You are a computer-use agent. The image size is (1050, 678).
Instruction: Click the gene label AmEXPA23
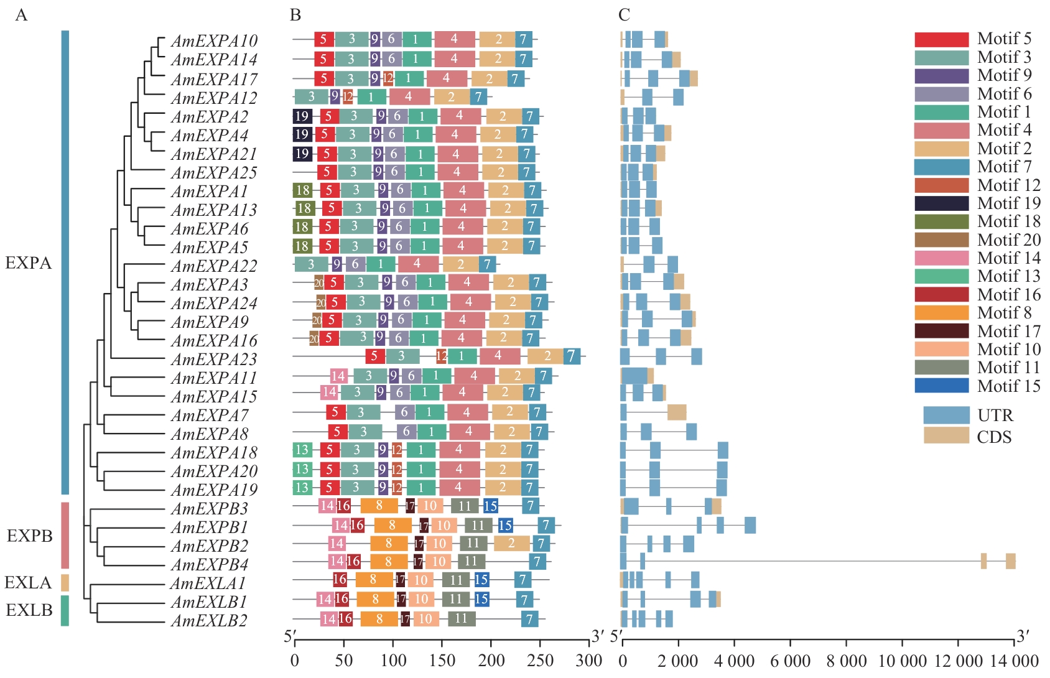pos(214,360)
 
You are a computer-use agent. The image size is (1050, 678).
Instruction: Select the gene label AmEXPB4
pos(210,565)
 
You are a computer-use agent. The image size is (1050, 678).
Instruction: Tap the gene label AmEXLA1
pos(208,583)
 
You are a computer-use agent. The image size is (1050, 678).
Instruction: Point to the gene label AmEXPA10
pos(214,41)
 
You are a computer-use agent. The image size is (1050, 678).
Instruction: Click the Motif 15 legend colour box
pos(941,386)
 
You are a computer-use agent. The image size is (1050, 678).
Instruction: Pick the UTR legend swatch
pos(946,415)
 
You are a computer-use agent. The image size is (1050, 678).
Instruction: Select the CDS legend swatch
pos(946,436)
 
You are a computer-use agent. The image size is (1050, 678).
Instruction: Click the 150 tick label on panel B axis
pos(442,661)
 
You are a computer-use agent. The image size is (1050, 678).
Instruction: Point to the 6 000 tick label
pos(790,661)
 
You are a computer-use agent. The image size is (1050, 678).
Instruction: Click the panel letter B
pos(295,15)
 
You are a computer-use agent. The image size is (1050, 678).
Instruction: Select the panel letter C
pos(624,15)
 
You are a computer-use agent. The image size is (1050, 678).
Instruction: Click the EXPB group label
pos(29,536)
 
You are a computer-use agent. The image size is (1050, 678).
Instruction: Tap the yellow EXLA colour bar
pos(65,583)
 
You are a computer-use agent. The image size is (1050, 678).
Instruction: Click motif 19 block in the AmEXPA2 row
pos(302,116)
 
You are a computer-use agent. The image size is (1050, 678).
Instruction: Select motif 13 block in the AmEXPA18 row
pos(302,450)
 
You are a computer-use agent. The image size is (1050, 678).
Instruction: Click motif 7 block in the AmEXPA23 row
pos(572,356)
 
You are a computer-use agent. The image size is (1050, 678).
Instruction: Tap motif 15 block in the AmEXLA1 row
pos(481,580)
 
